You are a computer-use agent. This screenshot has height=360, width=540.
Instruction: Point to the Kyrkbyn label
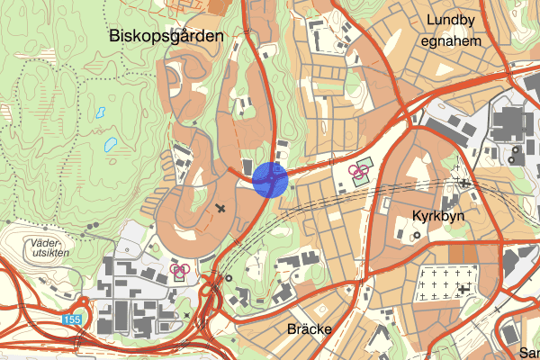click(436, 216)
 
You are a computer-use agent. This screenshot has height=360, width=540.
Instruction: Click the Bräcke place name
click(309, 328)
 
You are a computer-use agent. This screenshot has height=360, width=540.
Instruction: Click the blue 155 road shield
click(72, 319)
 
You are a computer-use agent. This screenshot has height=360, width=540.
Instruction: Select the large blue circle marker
click(270, 179)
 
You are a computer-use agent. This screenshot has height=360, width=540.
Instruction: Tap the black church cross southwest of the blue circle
click(221, 209)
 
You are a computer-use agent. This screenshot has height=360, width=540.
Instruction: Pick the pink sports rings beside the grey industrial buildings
click(179, 268)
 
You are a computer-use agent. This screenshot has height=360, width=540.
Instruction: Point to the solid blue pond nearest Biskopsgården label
click(101, 114)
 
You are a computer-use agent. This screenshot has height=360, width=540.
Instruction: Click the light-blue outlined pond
click(110, 143)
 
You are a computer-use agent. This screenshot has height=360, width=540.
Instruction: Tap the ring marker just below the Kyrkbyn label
click(417, 235)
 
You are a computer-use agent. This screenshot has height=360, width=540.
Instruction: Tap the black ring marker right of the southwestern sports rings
click(229, 277)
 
